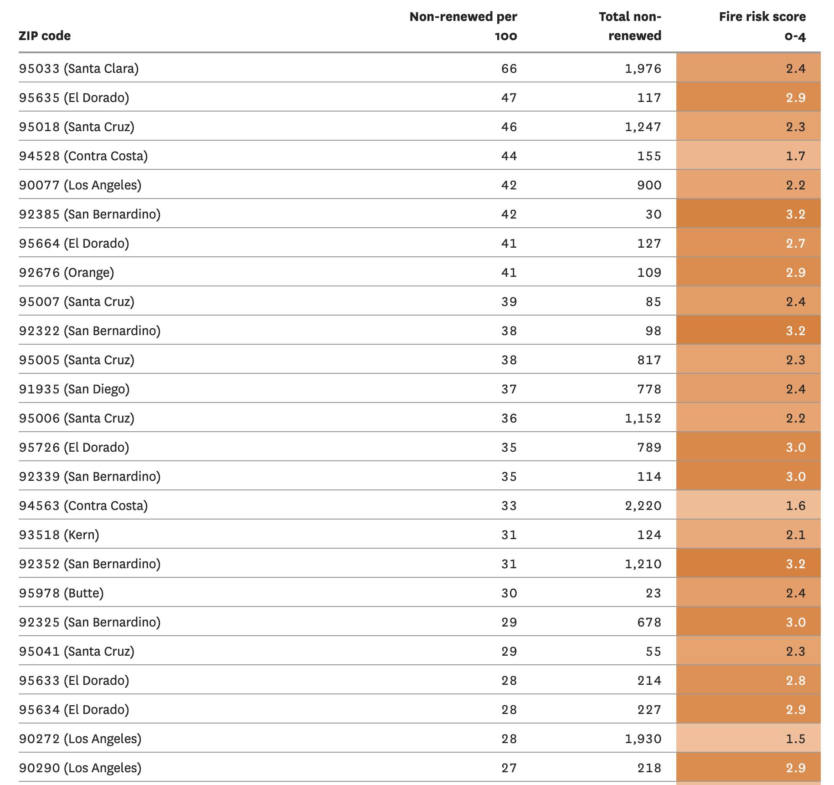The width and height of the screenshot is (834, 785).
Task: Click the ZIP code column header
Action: pyautogui.click(x=45, y=36)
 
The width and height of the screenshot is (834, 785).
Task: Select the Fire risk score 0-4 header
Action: pyautogui.click(x=762, y=26)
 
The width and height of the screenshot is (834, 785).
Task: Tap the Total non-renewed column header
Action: pyautogui.click(x=630, y=26)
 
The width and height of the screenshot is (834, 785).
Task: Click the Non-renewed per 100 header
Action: pyautogui.click(x=463, y=26)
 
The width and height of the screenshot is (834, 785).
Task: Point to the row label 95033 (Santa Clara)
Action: pyautogui.click(x=79, y=68)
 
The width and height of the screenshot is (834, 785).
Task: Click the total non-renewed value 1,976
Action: pyautogui.click(x=643, y=69)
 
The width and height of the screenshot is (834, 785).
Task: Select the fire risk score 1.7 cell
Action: pyautogui.click(x=748, y=156)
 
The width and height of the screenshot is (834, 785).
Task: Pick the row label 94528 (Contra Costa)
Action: pyautogui.click(x=83, y=156)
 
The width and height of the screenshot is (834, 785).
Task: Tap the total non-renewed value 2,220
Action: pyautogui.click(x=643, y=506)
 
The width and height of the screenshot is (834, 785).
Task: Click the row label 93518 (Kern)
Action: pyautogui.click(x=59, y=535)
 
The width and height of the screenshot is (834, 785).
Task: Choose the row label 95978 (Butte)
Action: pyautogui.click(x=62, y=593)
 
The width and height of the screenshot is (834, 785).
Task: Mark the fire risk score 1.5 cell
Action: pyautogui.click(x=748, y=739)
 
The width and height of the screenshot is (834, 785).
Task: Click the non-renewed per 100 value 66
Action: pyautogui.click(x=509, y=69)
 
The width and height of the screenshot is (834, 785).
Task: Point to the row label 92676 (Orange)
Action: pyautogui.click(x=67, y=272)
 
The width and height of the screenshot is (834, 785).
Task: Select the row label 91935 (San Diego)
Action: pyautogui.click(x=74, y=389)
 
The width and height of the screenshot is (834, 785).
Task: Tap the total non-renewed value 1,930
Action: pyautogui.click(x=643, y=739)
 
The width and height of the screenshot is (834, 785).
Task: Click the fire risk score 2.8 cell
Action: pyautogui.click(x=748, y=680)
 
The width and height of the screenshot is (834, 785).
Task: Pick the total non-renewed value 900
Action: pyautogui.click(x=649, y=185)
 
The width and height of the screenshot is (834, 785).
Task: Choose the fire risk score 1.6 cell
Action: pyautogui.click(x=748, y=505)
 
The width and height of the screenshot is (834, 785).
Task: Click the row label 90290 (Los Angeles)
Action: pyautogui.click(x=80, y=768)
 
